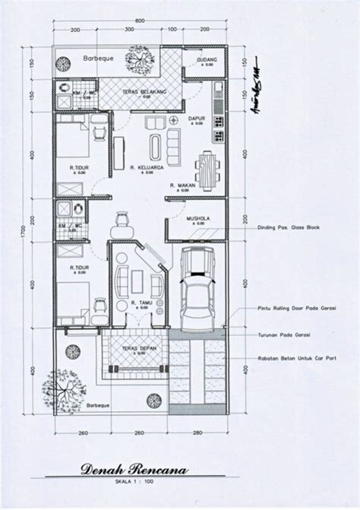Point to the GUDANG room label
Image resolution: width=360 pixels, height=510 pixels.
pyautogui.click(x=206, y=59)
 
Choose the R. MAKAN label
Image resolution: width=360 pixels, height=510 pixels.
pyautogui.click(x=183, y=185)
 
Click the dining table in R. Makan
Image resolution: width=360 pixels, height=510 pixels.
pyautogui.click(x=207, y=164)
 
